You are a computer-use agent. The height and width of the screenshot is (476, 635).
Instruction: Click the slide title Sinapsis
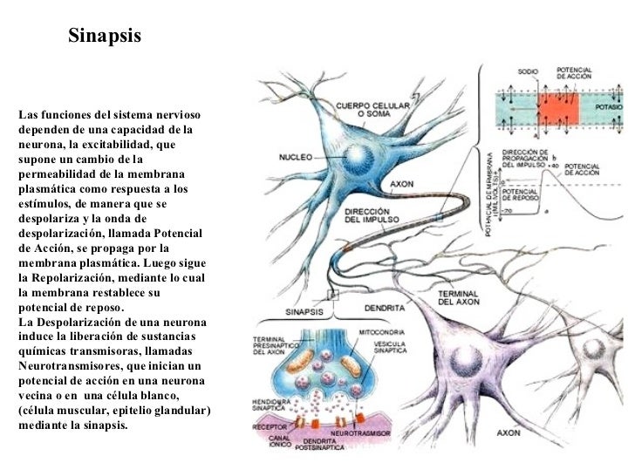tap(104, 37)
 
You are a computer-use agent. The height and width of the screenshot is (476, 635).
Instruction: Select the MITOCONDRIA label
tap(379, 332)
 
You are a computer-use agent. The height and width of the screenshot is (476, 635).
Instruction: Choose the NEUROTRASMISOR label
tap(357, 432)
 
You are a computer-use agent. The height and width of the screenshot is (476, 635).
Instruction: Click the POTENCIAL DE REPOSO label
tap(522, 193)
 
